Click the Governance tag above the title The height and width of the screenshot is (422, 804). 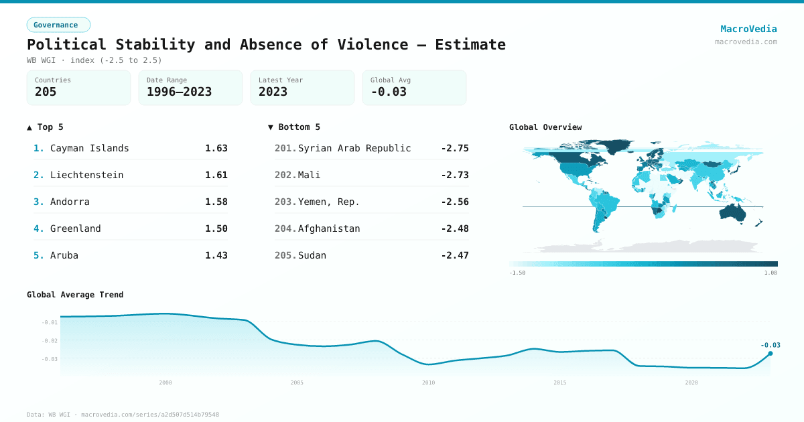[58, 25]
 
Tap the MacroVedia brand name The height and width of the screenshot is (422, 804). [748, 29]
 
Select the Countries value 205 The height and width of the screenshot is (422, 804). [46, 92]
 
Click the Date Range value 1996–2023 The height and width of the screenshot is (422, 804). [179, 92]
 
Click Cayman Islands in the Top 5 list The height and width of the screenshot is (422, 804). [90, 148]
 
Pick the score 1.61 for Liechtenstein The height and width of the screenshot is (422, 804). [216, 175]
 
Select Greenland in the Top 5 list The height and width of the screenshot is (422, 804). [76, 228]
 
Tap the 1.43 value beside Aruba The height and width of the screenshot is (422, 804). [216, 255]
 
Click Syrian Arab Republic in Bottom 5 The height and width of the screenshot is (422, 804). [354, 148]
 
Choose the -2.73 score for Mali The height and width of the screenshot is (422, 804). [455, 175]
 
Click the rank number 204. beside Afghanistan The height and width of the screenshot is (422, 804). [285, 228]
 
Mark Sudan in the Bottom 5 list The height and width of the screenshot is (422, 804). [312, 255]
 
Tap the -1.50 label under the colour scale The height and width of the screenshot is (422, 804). [517, 273]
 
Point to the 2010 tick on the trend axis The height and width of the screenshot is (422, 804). [428, 382]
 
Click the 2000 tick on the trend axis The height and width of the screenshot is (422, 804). [165, 382]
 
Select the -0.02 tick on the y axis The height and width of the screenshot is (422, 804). [50, 341]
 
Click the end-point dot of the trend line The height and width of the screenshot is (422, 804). [770, 353]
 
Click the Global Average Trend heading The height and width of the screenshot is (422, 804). [75, 295]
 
